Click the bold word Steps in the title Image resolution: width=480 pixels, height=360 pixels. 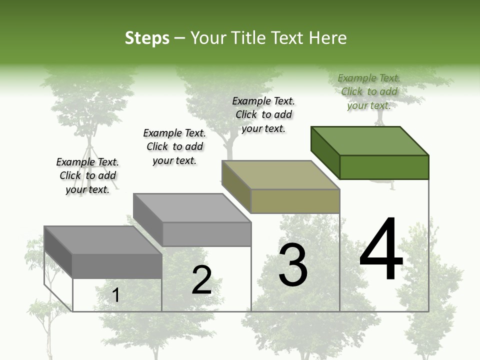[147, 38]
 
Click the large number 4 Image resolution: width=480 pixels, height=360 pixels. [381, 249]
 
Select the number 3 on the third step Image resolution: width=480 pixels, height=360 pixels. [293, 265]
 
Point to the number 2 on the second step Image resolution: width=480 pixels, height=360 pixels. [201, 280]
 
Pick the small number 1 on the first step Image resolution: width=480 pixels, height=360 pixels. [115, 295]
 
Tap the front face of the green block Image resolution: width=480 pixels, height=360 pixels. [384, 167]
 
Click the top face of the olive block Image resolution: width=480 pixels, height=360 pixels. [280, 175]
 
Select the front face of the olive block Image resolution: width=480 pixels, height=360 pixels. [295, 201]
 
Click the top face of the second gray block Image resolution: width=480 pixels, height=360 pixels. [192, 208]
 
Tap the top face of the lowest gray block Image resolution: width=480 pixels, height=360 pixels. [103, 240]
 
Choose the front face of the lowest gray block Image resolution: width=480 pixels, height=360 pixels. [117, 266]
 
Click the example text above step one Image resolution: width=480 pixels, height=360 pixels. [87, 175]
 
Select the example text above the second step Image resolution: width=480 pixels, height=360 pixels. [174, 146]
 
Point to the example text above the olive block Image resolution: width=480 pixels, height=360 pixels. [263, 114]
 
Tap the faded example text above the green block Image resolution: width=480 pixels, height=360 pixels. [369, 91]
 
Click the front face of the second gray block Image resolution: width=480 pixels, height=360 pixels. [207, 234]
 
